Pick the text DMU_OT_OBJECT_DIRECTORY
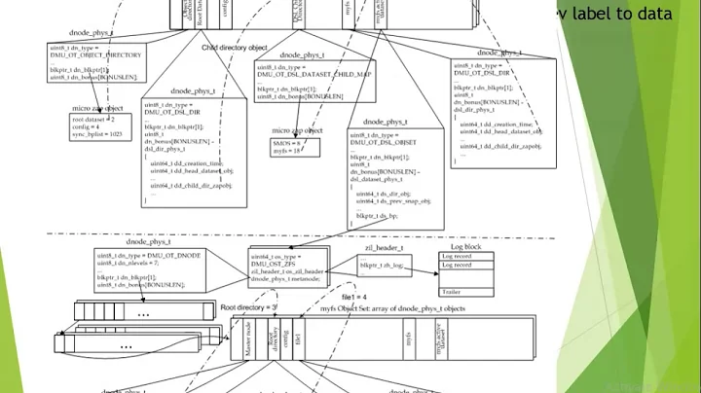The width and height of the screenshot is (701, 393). click(95, 55)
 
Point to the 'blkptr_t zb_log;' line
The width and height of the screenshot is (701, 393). click(386, 266)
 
